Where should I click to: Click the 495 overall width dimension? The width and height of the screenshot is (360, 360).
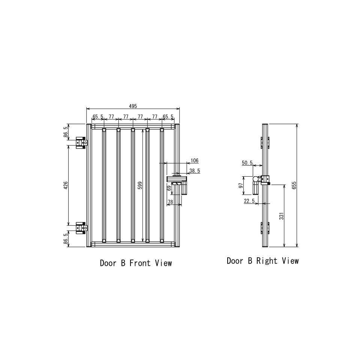tap(133, 106)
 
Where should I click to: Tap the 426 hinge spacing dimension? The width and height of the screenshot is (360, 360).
tap(66, 185)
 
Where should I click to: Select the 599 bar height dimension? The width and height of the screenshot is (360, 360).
tap(140, 186)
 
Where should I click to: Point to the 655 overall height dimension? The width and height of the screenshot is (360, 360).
tap(294, 186)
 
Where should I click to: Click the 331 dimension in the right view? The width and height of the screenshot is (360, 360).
tap(282, 216)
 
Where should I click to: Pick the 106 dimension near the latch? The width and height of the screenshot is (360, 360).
tap(195, 160)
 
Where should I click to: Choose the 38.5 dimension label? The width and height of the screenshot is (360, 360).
tap(195, 171)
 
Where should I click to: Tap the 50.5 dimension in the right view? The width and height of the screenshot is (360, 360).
tap(247, 163)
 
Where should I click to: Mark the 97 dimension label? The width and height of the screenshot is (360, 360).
tap(241, 186)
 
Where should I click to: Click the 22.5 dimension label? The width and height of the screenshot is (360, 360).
tap(249, 201)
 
